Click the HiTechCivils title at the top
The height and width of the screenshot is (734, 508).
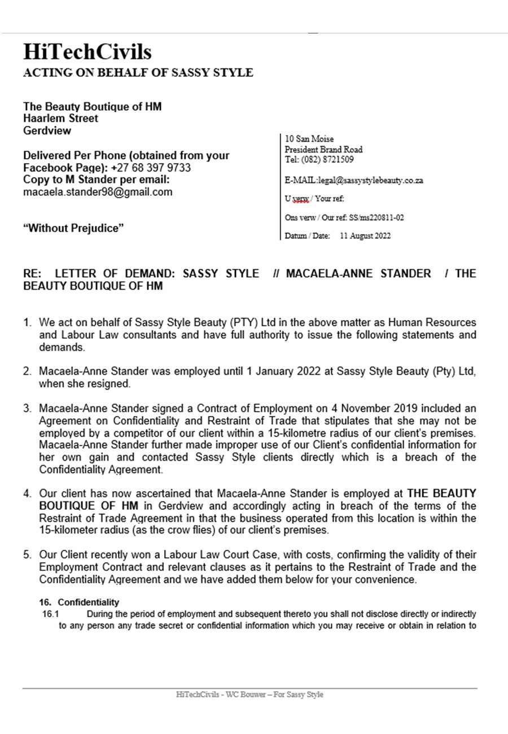coord(87,53)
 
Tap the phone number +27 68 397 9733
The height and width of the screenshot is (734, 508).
coord(151,168)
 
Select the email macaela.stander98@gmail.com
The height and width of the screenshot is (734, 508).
coord(98,192)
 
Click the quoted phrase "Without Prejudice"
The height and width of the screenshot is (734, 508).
coord(73,228)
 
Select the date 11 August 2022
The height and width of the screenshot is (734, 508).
coord(365,237)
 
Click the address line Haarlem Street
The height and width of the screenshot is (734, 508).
coord(60,119)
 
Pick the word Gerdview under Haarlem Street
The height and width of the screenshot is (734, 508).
coord(47,130)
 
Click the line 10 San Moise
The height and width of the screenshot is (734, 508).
coord(310,139)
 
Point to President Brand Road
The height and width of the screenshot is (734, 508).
coord(324,149)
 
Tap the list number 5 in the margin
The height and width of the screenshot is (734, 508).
coord(27,554)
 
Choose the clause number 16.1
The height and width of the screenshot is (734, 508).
coord(50,613)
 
